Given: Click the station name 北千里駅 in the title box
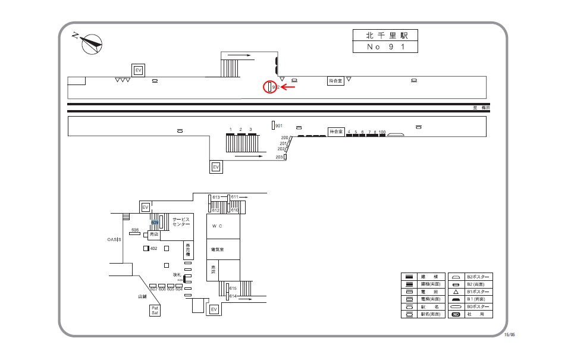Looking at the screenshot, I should coord(385,36).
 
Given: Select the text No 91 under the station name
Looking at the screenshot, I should coord(385,47).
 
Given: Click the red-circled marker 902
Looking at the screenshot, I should coord(269,87).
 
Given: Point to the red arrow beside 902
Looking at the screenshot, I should coord(288,87).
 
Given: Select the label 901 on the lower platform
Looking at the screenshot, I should coord(278,126).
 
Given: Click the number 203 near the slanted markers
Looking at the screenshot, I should coord(279,157).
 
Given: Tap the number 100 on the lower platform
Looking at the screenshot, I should coord(382,132).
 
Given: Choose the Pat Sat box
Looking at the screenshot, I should coord(155,310).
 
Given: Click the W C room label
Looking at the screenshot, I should coord(217,226).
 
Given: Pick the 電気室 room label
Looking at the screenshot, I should coord(217,249).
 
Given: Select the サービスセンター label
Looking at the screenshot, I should coord(181,222).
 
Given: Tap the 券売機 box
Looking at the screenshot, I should coord(187,249).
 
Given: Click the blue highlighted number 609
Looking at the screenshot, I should coord(155,223).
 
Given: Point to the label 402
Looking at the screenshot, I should coord(153,248).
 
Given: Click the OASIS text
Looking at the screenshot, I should coord(114,239).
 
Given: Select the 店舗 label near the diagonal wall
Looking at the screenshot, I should coord(142,296).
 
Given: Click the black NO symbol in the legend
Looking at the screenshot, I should coord(456,314).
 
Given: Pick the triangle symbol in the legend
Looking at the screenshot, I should coord(456,292).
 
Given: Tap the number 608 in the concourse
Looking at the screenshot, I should coord(134,230).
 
